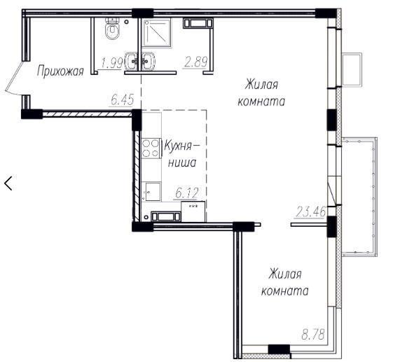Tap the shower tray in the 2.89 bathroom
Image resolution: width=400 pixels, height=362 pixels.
pyautogui.click(x=157, y=33)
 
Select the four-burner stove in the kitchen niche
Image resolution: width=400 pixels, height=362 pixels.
pyautogui.click(x=151, y=148)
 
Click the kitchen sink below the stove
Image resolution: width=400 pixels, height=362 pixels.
pyautogui.click(x=151, y=192)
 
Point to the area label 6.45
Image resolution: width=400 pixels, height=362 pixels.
pyautogui.click(x=122, y=99)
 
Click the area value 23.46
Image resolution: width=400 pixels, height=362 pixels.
pyautogui.click(x=310, y=212)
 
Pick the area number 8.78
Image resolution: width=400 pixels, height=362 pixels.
pyautogui.click(x=313, y=334)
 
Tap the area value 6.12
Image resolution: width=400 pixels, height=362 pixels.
pyautogui.click(x=187, y=193)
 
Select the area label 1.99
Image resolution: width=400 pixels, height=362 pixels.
pyautogui.click(x=112, y=63)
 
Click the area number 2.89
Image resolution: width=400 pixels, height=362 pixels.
pyautogui.click(x=195, y=62)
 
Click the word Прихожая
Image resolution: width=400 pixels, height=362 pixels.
pyautogui.click(x=60, y=71)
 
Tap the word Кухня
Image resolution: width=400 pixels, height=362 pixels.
pyautogui.click(x=181, y=146)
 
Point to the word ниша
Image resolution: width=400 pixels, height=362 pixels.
pyautogui.click(x=182, y=162)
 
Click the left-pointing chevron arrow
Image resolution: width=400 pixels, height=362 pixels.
pyautogui.click(x=8, y=183)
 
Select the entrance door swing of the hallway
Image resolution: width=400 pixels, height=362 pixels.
pyautogui.click(x=13, y=78)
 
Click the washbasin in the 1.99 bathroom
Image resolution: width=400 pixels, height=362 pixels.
pyautogui.click(x=132, y=61)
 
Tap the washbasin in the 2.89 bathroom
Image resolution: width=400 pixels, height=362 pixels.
pyautogui.click(x=149, y=61)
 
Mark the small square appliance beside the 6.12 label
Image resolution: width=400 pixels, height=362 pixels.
pyautogui.click(x=193, y=211)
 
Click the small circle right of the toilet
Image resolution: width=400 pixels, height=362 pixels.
pyautogui.click(x=126, y=22)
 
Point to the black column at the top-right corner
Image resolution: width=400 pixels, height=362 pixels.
pyautogui.click(x=326, y=13)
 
